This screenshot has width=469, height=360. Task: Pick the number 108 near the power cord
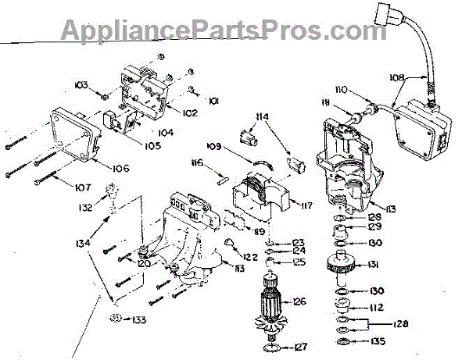pos(396,77)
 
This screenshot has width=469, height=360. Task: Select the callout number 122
pos(249,257)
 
